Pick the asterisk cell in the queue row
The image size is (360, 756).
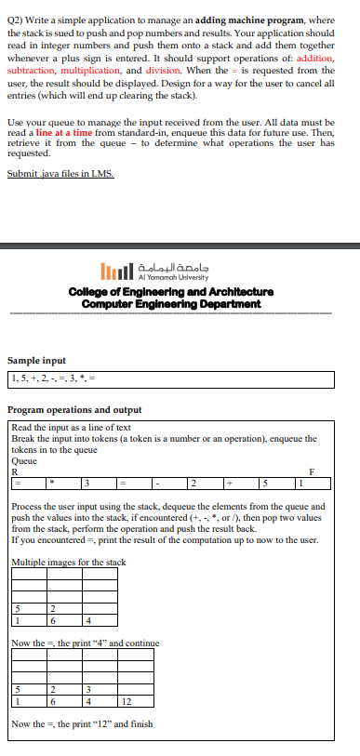[x=52, y=482]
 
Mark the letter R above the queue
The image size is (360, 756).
[x=14, y=471]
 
